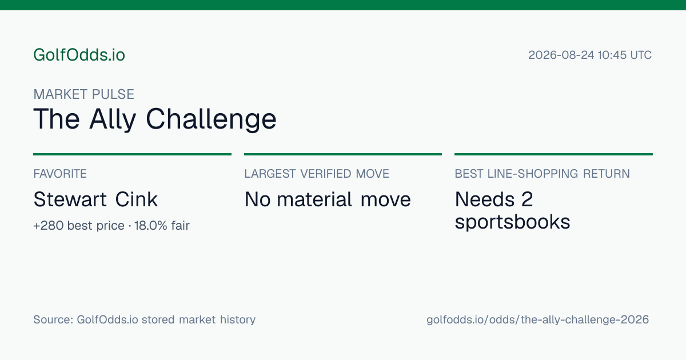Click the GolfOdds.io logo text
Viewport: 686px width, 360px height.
79,55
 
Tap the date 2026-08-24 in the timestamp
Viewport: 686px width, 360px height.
561,55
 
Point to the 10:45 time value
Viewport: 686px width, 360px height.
612,55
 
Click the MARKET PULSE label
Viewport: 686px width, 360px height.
83,94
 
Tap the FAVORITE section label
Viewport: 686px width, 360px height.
60,174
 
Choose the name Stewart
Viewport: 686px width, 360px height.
70,199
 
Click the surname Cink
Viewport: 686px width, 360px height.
136,199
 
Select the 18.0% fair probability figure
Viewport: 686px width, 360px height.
151,226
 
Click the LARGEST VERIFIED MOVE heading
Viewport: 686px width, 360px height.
317,174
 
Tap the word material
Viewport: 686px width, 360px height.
314,199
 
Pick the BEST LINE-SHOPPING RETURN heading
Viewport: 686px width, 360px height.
542,174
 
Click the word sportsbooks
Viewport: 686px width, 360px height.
512,222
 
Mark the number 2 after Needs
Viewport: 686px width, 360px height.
527,199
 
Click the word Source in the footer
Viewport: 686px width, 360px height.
53,319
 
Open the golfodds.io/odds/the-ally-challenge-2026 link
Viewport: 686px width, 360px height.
538,320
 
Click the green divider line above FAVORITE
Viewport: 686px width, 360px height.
132,154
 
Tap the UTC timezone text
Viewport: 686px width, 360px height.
641,55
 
